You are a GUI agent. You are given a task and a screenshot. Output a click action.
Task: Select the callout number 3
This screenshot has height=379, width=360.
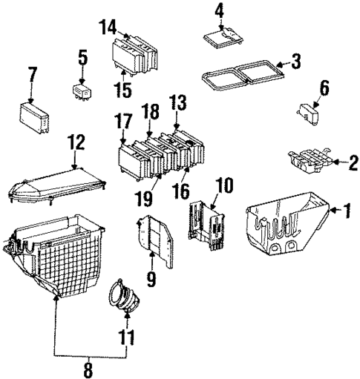[295, 62]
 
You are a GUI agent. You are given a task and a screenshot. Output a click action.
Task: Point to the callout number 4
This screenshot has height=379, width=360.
[219, 10]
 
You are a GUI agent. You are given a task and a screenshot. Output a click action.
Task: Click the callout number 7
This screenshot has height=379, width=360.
[32, 74]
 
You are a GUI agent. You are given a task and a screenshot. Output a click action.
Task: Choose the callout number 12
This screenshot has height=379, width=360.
[75, 141]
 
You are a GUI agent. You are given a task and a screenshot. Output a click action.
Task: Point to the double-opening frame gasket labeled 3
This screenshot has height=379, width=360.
[241, 76]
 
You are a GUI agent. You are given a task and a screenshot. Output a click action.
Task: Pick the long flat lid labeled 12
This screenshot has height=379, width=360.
[56, 185]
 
